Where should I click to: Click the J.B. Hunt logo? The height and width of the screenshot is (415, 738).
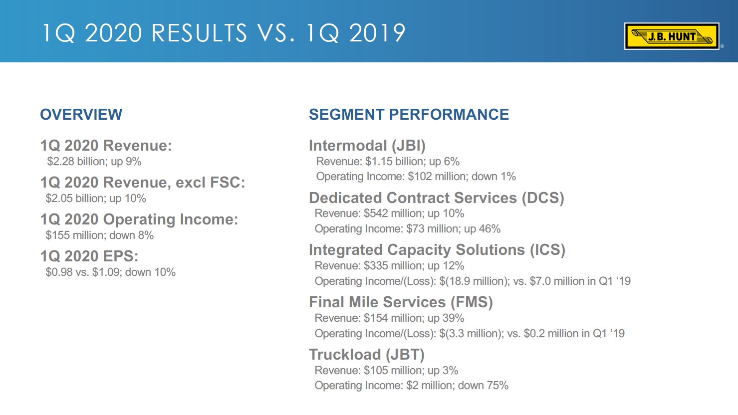671,36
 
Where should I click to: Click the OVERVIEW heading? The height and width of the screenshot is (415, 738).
81,114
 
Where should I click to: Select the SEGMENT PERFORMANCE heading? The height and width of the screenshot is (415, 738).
409,114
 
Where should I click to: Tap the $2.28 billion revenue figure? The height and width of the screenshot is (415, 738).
76,162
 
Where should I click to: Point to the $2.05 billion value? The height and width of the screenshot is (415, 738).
75,199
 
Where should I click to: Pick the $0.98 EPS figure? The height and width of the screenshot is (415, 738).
59,272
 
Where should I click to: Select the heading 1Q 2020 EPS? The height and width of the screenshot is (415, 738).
89,256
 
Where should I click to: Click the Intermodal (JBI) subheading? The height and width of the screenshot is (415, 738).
367,146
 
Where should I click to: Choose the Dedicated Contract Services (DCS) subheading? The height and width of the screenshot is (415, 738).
436,198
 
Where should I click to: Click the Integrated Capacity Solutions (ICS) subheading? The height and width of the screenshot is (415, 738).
437,250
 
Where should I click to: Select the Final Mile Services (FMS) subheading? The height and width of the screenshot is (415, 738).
400,302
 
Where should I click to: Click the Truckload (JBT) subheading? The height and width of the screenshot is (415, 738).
366,355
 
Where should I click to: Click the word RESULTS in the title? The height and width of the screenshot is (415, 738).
199,33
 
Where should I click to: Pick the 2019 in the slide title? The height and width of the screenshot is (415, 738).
377,33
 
